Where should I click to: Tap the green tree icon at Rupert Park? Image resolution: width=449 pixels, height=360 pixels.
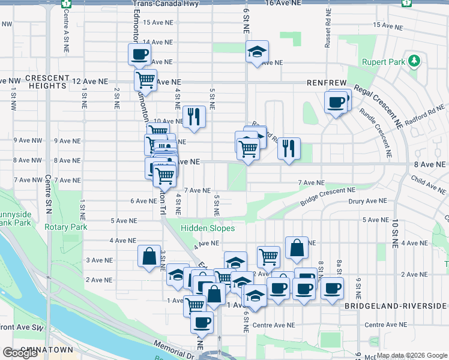point(414,61)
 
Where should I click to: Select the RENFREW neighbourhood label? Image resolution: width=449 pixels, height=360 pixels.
point(328,82)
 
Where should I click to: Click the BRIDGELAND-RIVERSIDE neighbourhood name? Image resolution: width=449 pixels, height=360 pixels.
point(396,306)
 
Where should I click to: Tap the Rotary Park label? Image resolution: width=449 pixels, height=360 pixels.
point(65,227)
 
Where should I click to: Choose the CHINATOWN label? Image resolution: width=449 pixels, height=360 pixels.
point(46,350)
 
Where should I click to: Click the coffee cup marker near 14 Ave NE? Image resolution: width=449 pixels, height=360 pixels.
point(139,55)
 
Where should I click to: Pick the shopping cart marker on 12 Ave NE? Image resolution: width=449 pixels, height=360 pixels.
point(145,79)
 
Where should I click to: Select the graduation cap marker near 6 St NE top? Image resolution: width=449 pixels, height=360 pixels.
point(257,52)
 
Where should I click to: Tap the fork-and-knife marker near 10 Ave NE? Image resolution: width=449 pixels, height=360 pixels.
point(194,117)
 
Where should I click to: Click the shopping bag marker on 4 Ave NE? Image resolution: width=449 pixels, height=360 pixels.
point(297,248)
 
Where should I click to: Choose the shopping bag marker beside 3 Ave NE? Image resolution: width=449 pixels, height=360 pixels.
point(149,256)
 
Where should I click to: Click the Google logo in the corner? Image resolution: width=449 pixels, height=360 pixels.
point(20,353)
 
